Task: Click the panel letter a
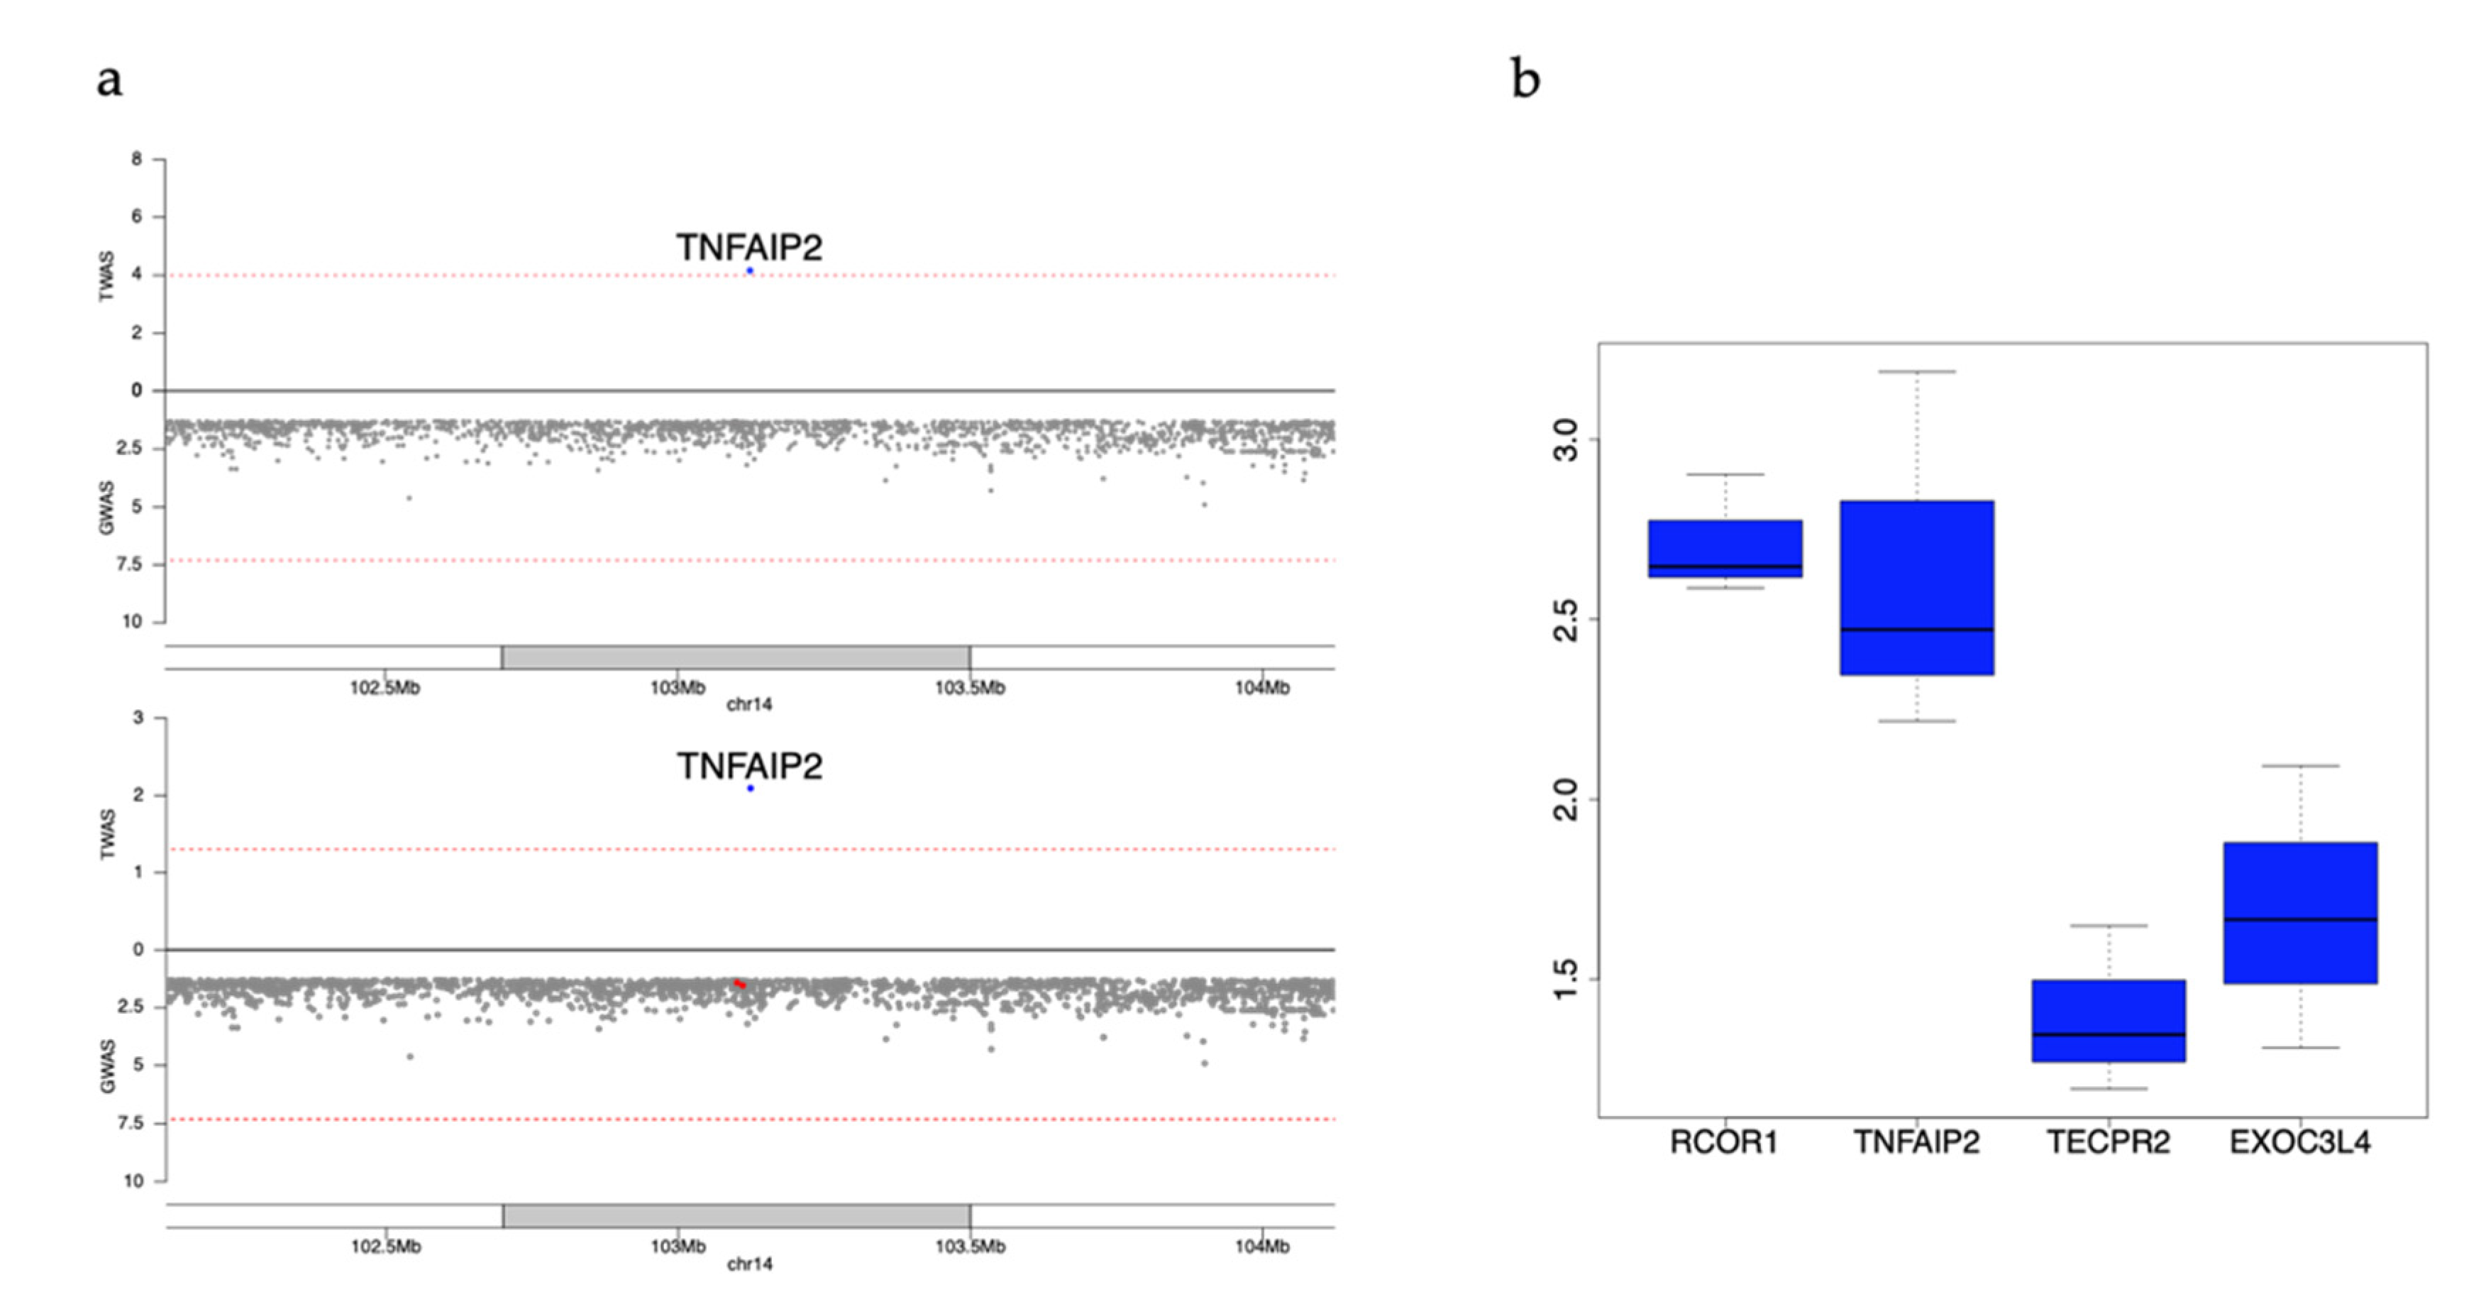pos(109,80)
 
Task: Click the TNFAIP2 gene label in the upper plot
pos(749,248)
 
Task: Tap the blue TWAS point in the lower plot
pos(750,789)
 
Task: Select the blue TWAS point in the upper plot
pos(750,271)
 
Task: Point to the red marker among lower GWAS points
pos(739,984)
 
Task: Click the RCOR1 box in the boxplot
pos(1725,548)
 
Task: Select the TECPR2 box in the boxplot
pos(2109,1020)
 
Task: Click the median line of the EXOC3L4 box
pos(2299,920)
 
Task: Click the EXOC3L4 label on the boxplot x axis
pos(2299,1143)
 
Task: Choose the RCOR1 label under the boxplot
pos(1723,1143)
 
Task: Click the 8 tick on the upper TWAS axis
pos(137,159)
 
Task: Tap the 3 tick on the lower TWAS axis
pos(138,717)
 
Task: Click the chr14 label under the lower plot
pos(749,1264)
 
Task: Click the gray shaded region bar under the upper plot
pos(736,658)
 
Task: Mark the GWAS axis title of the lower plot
pos(107,1066)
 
